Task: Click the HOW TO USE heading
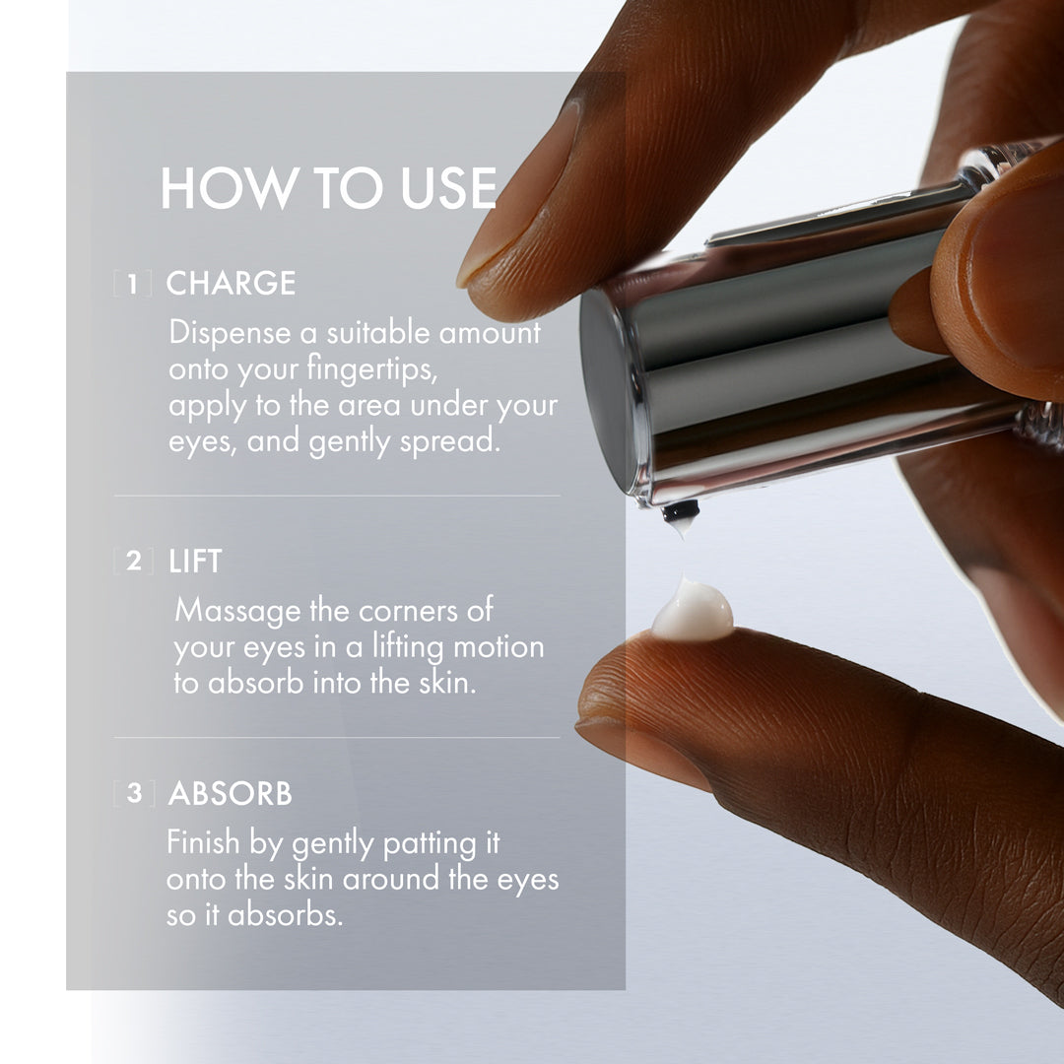pos(328,189)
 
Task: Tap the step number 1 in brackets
pos(134,285)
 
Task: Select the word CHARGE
pos(231,284)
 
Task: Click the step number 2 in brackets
pos(134,563)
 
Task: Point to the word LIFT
pos(195,563)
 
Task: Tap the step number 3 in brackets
pos(134,794)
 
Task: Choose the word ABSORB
pos(230,794)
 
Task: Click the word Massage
pos(236,611)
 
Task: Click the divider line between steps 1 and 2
pos(337,496)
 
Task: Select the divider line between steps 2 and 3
pos(337,737)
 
